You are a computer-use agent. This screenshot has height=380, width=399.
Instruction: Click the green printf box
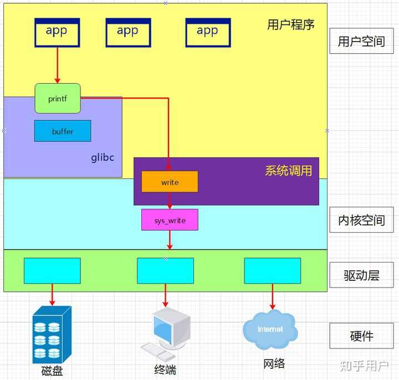[58, 99]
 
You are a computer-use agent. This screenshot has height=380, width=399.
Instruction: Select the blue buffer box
[63, 131]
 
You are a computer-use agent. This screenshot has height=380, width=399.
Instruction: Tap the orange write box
[170, 182]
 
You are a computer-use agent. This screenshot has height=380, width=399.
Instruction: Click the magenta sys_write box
[170, 220]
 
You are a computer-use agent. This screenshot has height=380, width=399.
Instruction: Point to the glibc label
[103, 157]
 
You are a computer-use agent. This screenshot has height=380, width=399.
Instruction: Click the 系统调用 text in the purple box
[288, 171]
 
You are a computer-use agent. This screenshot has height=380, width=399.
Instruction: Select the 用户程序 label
[291, 25]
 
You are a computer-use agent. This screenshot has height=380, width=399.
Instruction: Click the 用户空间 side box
[361, 42]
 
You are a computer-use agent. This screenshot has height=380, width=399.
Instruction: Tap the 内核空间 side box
[361, 220]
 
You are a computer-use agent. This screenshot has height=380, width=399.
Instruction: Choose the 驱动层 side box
[361, 275]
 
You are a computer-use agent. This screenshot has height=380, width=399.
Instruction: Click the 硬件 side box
[361, 336]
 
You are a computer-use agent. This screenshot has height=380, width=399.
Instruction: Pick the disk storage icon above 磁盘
[52, 334]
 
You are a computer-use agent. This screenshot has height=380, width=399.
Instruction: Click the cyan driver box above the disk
[52, 271]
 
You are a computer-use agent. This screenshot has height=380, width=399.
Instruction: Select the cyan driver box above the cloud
[272, 271]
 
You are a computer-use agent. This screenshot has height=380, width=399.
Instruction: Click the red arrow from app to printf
[57, 65]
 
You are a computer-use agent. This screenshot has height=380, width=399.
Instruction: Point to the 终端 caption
[165, 369]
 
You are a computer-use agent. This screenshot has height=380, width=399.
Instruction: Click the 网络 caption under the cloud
[274, 363]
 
